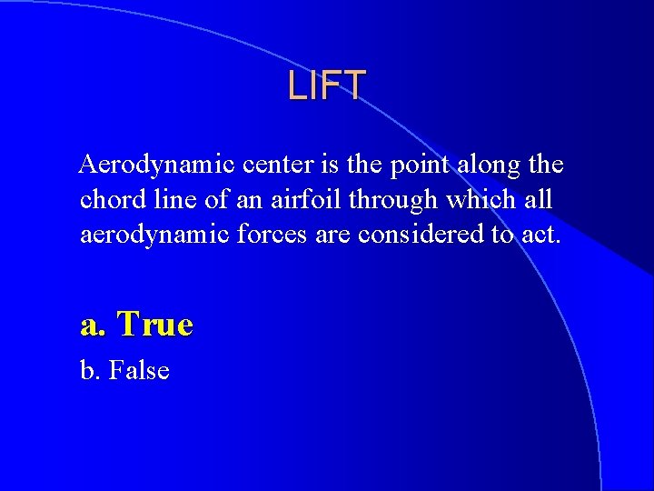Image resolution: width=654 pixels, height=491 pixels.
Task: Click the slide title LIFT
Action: click(327, 85)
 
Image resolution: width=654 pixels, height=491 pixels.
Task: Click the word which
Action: click(485, 199)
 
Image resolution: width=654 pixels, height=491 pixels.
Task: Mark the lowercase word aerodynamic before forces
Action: click(155, 235)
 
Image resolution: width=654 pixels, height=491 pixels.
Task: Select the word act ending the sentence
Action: click(542, 235)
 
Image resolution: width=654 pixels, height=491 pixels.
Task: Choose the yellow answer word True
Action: click(155, 325)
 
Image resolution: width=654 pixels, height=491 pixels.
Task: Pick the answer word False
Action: click(139, 370)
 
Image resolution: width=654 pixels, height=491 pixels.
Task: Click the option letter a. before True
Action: click(94, 325)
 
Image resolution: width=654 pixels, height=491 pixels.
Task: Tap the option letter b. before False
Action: click(91, 370)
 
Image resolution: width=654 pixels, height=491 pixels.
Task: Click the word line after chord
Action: click(169, 199)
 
